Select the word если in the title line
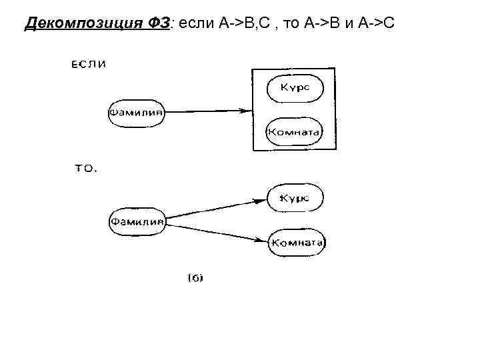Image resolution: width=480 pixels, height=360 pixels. coord(195,25)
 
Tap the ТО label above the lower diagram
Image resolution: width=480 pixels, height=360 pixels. coord(85,169)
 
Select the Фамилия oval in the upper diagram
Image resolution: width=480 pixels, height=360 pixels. coord(136,112)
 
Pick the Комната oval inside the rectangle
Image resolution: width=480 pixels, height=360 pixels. coord(294,131)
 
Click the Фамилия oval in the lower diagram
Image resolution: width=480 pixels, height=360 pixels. coord(137,221)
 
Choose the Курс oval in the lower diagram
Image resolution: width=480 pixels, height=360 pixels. coord(295,198)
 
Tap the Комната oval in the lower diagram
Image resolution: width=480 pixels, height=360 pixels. coord(297,243)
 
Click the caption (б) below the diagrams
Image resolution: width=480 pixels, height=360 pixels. coord(194,277)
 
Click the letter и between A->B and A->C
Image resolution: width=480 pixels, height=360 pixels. coord(349,25)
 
